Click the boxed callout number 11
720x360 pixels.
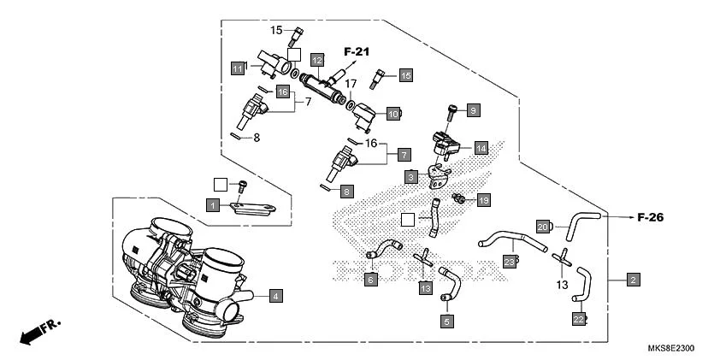click(x=237, y=68)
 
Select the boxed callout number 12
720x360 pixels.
click(x=317, y=60)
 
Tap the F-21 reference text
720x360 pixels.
click(x=357, y=52)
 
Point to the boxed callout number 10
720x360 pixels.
click(x=392, y=113)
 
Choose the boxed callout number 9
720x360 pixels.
click(x=473, y=109)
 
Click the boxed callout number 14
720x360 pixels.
click(x=481, y=148)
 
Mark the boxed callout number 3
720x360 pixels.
click(x=411, y=177)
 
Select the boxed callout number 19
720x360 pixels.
click(x=483, y=200)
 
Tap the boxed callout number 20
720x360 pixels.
click(x=542, y=227)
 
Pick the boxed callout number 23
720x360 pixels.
click(x=509, y=263)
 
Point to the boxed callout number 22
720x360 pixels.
click(x=579, y=319)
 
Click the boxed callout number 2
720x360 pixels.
click(x=633, y=279)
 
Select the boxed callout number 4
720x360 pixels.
click(x=275, y=296)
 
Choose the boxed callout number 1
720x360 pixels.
click(x=211, y=204)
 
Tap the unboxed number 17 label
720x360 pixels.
click(x=351, y=84)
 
